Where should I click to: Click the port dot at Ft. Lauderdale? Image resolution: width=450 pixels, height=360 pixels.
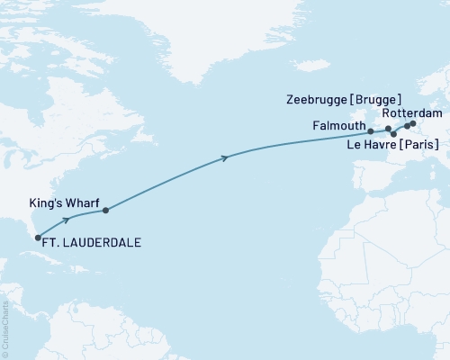(x=38, y=238)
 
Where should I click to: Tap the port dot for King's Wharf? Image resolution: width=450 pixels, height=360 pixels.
(x=105, y=211)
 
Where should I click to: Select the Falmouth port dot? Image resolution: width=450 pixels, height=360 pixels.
(x=371, y=131)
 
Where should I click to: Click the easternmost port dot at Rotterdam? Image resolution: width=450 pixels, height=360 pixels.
(x=413, y=123)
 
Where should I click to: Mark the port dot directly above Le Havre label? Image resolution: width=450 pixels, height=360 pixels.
(x=393, y=134)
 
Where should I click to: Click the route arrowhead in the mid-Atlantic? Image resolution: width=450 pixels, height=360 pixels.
(x=225, y=157)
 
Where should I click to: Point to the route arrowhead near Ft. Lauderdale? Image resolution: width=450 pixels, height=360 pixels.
(x=67, y=218)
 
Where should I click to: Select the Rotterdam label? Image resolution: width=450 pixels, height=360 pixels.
(x=412, y=113)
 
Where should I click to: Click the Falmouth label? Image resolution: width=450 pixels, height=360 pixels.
(x=338, y=125)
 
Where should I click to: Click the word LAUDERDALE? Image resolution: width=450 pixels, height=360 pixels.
(x=103, y=242)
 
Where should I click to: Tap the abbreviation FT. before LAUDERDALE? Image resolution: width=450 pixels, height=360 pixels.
(x=55, y=242)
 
